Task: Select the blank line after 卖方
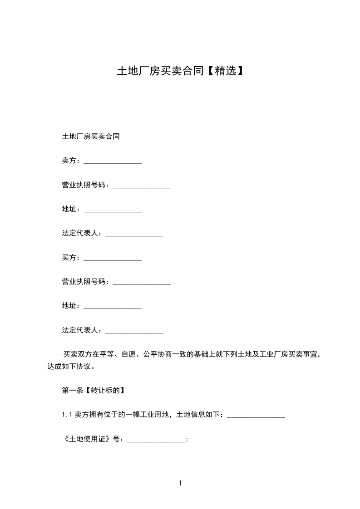point(113,162)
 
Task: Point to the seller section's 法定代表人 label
point(80,233)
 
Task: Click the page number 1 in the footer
point(180,483)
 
